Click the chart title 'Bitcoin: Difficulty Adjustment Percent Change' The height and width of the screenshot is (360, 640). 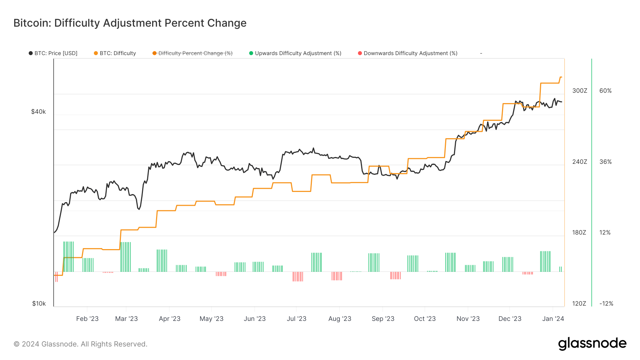130,23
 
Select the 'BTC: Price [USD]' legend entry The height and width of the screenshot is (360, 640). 53,53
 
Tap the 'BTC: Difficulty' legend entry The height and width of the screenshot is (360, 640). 115,53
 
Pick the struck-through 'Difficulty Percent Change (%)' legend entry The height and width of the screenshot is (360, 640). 192,53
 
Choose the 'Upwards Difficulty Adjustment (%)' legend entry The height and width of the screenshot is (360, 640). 295,53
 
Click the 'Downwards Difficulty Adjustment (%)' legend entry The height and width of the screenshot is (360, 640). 407,53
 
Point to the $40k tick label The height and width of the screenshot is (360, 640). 38,112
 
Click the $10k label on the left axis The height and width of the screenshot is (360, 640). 39,303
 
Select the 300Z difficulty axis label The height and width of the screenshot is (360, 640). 580,91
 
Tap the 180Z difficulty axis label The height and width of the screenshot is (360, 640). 579,232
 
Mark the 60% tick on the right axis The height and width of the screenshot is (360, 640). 606,91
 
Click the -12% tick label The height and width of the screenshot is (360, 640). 606,303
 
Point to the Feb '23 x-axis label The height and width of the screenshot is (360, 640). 87,319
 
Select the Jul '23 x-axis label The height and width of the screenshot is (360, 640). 297,319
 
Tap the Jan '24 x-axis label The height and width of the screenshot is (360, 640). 553,319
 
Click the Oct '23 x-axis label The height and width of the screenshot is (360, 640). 425,319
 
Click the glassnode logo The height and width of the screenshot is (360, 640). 592,344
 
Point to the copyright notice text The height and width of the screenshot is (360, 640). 80,344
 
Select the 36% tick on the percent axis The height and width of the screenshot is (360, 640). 606,162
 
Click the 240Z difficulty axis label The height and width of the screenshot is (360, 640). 580,162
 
